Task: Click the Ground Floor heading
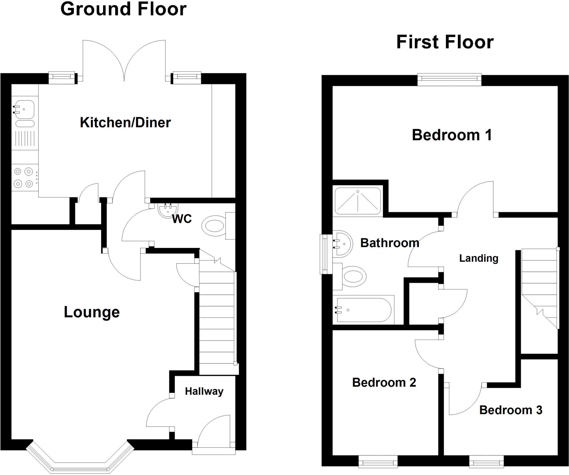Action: coord(123,9)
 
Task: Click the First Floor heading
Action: coord(445,42)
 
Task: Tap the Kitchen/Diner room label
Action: coord(125,123)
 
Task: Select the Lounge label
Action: coord(92,312)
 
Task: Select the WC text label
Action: coord(182,219)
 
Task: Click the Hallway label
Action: coord(204,391)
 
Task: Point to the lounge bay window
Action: coord(80,461)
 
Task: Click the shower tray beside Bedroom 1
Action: coord(358,202)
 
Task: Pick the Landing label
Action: coord(479,258)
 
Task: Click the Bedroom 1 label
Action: coord(452,135)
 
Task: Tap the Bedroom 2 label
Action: coord(384,383)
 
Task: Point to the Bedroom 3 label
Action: coord(511,410)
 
